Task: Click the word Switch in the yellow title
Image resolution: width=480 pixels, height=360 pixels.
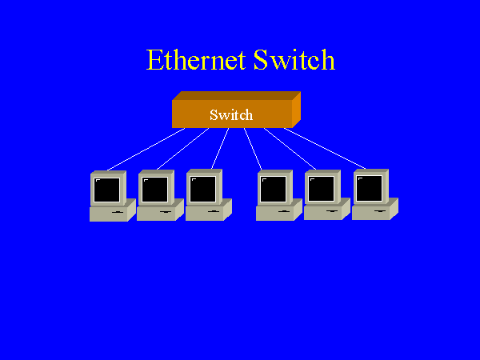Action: point(294,61)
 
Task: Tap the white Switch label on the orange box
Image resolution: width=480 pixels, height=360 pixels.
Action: point(231,114)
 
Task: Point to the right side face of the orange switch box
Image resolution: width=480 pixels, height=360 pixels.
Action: point(295,108)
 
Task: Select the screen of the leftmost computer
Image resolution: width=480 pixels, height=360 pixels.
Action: point(107,190)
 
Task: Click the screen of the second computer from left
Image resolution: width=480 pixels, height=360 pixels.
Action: point(155,190)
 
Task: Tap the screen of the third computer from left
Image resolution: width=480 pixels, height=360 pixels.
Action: point(203,190)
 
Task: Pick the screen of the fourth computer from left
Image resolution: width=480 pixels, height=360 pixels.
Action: point(273,190)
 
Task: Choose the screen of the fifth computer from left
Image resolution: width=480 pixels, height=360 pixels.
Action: point(321,190)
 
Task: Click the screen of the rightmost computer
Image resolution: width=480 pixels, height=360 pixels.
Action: point(369,189)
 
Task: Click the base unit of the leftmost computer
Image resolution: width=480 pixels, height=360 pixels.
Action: point(109,213)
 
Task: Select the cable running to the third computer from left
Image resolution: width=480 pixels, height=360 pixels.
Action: point(220,149)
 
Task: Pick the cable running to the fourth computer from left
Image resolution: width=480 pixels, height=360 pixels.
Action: point(253,149)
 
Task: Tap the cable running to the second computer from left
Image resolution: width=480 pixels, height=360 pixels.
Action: point(182,150)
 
